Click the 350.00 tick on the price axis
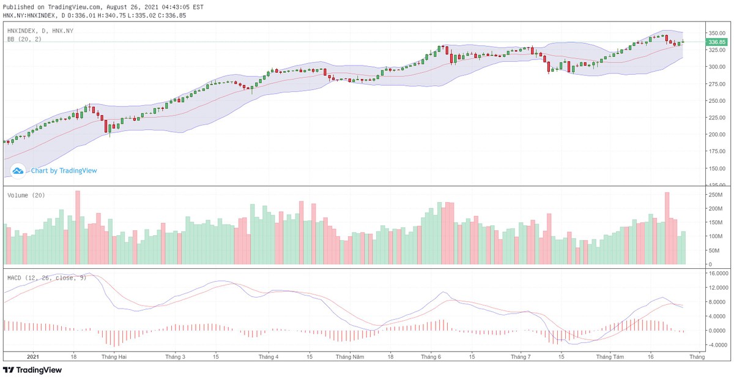[x=716, y=32]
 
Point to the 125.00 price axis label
[x=716, y=184]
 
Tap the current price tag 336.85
[x=716, y=42]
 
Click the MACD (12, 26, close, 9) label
[x=46, y=278]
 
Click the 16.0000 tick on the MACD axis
[x=717, y=273]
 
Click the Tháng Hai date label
[x=114, y=356]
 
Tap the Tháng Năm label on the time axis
[x=351, y=356]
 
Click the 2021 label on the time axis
[x=33, y=356]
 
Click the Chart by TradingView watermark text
[x=64, y=171]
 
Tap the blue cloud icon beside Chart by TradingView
[x=18, y=171]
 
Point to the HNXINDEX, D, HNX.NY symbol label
[x=40, y=30]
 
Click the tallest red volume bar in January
[x=78, y=227]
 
